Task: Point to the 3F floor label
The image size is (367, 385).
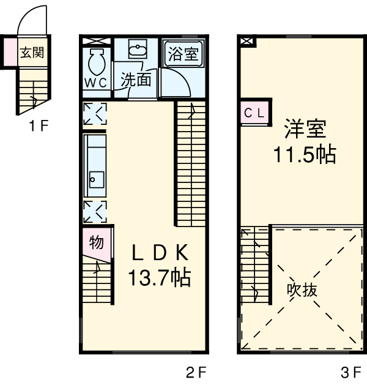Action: click(x=351, y=372)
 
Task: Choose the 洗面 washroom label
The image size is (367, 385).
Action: click(x=136, y=80)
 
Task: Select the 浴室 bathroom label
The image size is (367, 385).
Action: click(x=182, y=54)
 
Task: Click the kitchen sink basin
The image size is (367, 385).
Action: click(x=97, y=180)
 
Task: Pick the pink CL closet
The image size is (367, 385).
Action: click(x=254, y=113)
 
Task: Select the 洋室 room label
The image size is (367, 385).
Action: click(x=305, y=129)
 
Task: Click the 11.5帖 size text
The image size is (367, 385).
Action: click(x=305, y=155)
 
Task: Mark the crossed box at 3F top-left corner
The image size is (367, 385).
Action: click(x=247, y=41)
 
